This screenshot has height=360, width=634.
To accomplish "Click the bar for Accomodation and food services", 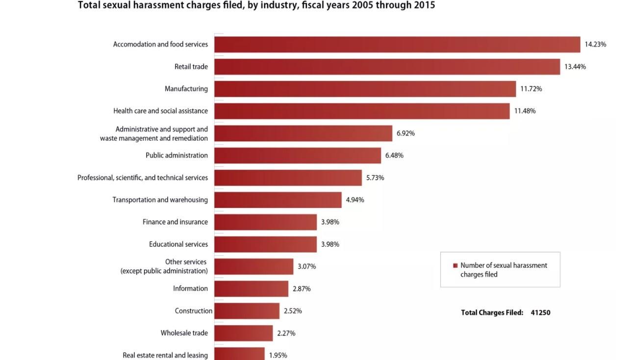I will coord(397,45).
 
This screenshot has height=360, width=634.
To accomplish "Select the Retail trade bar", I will coord(387,67).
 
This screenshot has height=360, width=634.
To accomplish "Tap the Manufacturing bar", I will coord(365,89).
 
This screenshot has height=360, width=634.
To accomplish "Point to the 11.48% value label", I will coord(525,111).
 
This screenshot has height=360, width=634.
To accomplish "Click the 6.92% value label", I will coord(406,133).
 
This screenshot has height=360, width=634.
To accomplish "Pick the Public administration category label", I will coord(177,155).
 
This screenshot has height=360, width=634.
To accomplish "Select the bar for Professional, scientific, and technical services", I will coord(288,178).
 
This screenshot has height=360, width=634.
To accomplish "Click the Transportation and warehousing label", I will coord(160,200).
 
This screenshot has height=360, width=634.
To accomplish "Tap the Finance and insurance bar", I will coord(265,222).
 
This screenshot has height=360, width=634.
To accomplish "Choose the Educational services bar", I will coord(265,244).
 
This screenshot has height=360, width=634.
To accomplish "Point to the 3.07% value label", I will coord(306,267).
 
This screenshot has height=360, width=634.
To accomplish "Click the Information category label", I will coord(190,289).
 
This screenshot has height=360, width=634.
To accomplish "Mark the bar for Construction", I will coord(247,311).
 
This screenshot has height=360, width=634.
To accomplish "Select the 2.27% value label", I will coord(286,334).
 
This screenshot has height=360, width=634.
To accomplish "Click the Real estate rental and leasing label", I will coord(165,355).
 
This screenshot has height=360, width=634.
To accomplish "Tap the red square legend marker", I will coord(455,266).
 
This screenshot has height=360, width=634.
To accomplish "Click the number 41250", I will coord(540,312).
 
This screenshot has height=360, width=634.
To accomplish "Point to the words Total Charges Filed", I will coord(492,312).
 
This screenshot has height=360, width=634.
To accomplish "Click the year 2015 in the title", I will coord(423,6).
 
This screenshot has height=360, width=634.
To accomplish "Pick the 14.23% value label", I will coord(595,45).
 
